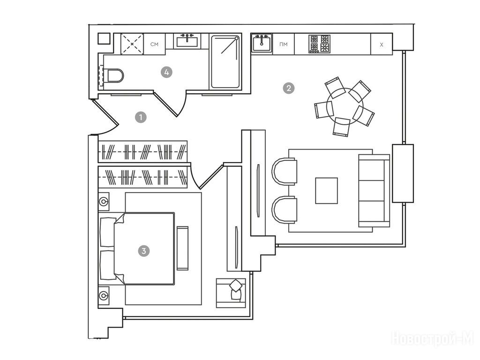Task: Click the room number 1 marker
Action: coord(141,117)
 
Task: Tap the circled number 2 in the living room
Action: coord(289,89)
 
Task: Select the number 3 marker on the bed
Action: coord(144,251)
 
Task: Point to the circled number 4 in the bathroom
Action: coord(166,72)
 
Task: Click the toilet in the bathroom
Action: coord(113,75)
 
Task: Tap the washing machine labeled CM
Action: coord(154,44)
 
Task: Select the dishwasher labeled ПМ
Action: coord(284,44)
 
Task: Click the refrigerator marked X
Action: coord(382,44)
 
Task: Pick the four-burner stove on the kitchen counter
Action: coord(320,44)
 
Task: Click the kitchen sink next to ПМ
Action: coord(262,43)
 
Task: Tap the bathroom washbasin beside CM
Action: coord(187,41)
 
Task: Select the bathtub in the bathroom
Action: coord(225,62)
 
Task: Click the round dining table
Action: coord(345,106)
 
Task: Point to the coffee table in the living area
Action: coord(327,190)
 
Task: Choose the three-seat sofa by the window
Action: coord(374,190)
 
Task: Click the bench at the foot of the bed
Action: coord(182,248)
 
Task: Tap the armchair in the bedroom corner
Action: coord(231,293)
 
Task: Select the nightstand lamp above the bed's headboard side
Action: coord(104,202)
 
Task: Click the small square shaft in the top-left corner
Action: coord(104,38)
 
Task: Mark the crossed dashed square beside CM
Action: coord(132,44)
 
